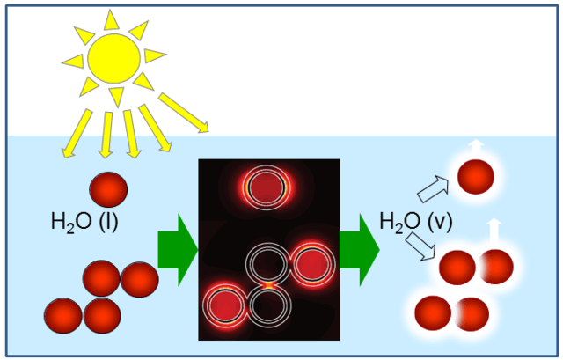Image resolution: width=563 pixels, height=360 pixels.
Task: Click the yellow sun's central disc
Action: pos(114,59)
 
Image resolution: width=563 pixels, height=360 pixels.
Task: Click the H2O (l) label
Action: pos(84,222)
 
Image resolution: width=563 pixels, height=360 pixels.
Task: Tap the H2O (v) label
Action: pos(416,221)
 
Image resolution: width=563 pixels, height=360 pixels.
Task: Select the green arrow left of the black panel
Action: pos(178,250)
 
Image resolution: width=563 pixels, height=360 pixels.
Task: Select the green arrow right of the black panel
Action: pos(360,250)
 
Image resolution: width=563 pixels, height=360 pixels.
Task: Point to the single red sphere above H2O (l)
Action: pos(108,189)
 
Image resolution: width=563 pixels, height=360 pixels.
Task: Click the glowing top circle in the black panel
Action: pos(267,187)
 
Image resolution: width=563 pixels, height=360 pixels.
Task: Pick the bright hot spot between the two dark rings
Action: pos(268,285)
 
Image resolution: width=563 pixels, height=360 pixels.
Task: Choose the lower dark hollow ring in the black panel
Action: pos(269,305)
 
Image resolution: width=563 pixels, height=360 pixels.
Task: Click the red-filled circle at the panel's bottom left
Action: pos(225,305)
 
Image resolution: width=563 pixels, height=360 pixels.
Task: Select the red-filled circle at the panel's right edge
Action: pos(313,264)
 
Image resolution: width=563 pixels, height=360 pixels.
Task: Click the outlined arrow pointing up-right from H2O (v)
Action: pos(434,188)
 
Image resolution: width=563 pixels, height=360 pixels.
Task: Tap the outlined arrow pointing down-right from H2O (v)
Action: pos(420,246)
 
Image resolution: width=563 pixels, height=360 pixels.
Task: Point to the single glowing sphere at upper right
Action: pos(476,177)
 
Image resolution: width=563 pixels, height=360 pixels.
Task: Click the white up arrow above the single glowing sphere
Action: pos(476,148)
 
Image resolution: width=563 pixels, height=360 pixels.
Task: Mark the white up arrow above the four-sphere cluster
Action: pos(494,232)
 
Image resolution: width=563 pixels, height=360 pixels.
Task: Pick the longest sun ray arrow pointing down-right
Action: pos(184,113)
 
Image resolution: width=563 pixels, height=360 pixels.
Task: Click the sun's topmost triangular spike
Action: pos(112,20)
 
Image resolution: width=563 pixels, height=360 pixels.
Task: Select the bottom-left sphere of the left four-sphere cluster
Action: pos(63,315)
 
